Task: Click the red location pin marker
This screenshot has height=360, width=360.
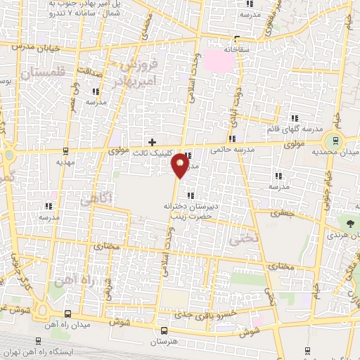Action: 181,165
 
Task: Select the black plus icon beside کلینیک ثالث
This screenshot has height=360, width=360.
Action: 152,142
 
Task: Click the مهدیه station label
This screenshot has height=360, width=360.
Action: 65,161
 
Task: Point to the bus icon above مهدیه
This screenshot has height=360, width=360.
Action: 65,150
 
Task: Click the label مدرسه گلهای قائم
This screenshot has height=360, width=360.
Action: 295,129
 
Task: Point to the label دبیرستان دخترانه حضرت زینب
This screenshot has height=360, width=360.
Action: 188,211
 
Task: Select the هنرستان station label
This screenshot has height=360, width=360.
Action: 164,342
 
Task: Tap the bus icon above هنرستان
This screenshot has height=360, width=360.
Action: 164,330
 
